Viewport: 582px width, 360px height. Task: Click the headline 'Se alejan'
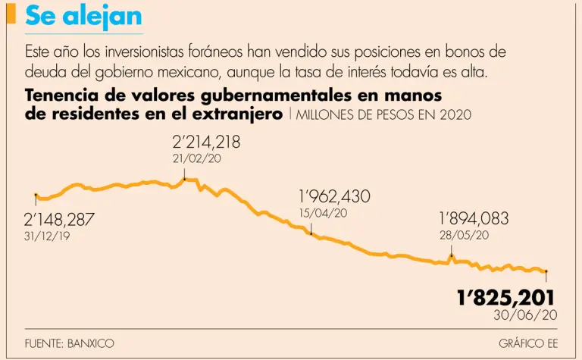pyautogui.click(x=83, y=17)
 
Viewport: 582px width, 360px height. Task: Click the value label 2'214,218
pyautogui.click(x=208, y=142)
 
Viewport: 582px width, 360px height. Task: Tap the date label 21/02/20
pyautogui.click(x=197, y=158)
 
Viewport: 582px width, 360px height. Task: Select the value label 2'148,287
pyautogui.click(x=60, y=220)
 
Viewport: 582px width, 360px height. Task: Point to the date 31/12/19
pyautogui.click(x=47, y=236)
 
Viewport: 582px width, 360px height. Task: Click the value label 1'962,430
pyautogui.click(x=334, y=197)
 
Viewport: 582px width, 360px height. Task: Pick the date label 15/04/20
pyautogui.click(x=324, y=213)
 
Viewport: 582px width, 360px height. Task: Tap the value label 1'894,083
pyautogui.click(x=474, y=219)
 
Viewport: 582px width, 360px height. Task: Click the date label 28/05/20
pyautogui.click(x=464, y=235)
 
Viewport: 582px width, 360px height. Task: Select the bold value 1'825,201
pyautogui.click(x=506, y=297)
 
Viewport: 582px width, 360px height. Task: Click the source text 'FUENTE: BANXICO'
pyautogui.click(x=69, y=343)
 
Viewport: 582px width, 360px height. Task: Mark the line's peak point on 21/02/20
pyautogui.click(x=184, y=180)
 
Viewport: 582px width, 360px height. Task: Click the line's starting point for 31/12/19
pyautogui.click(x=36, y=196)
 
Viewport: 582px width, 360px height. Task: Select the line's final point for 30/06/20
pyautogui.click(x=546, y=271)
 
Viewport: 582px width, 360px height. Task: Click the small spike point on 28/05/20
pyautogui.click(x=452, y=256)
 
